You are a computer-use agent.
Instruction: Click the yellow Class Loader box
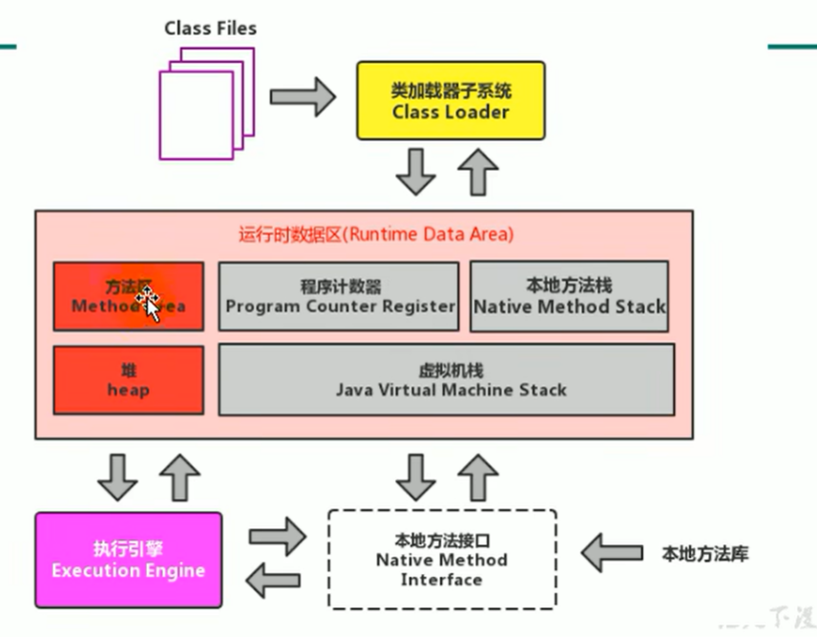point(450,101)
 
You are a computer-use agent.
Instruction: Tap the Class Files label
point(210,29)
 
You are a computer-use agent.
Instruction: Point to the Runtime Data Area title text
point(376,234)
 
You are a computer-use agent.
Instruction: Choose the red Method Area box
point(128,296)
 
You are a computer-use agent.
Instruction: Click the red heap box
point(128,380)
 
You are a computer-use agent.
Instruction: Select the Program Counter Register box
point(339,296)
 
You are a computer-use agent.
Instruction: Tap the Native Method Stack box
point(569,296)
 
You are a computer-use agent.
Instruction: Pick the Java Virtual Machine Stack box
point(447,380)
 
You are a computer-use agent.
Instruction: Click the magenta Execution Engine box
point(128,560)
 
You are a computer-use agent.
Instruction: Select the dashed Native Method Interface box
point(442,560)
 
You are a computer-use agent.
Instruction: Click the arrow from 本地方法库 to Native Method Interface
point(612,552)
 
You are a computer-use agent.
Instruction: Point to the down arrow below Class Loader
point(416,171)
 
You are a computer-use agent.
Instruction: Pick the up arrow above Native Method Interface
point(477,477)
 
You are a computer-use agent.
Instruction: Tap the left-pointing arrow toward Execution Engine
point(274,578)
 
